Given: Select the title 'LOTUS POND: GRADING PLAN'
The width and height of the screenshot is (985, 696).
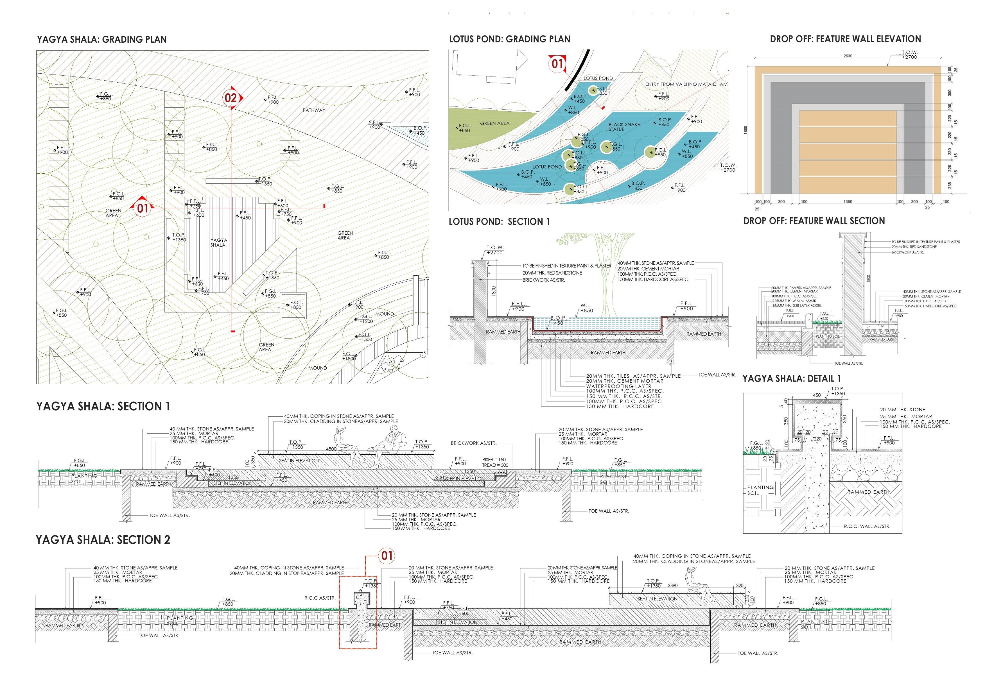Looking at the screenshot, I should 509,39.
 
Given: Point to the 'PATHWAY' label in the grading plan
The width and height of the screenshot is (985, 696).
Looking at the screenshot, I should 314,110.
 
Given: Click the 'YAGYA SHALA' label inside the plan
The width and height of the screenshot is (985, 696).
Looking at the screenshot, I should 218,242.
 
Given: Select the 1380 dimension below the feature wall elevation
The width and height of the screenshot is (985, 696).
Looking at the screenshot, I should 848,201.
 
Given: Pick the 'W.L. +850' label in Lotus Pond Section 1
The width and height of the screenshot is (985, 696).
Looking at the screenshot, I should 586,308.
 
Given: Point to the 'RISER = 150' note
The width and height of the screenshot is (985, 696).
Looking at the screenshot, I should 494,460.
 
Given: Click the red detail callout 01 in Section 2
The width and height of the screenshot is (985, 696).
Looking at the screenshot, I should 387,556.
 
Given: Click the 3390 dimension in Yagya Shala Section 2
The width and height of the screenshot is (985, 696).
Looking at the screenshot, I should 673,585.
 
